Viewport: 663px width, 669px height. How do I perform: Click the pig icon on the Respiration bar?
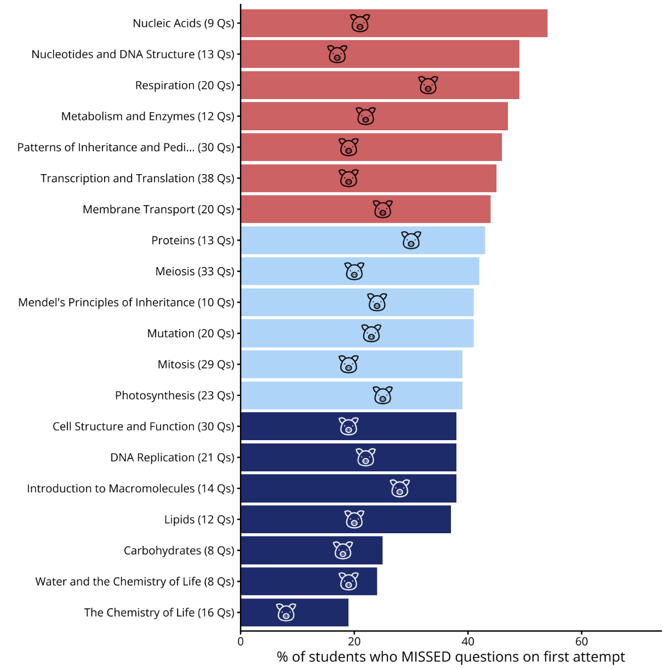pyautogui.click(x=428, y=85)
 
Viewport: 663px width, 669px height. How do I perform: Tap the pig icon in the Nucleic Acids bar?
pyautogui.click(x=359, y=23)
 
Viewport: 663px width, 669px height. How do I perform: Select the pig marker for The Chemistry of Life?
pyautogui.click(x=286, y=612)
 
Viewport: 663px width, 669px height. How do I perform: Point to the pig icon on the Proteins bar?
pyautogui.click(x=411, y=240)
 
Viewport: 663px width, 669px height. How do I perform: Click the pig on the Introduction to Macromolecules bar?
pyautogui.click(x=399, y=488)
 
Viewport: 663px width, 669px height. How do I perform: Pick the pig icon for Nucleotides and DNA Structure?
pyautogui.click(x=337, y=54)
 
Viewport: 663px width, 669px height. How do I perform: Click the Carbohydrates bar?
pyautogui.click(x=312, y=550)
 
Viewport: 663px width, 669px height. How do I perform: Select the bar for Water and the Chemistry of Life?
pyautogui.click(x=309, y=581)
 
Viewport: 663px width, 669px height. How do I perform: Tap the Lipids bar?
pyautogui.click(x=346, y=520)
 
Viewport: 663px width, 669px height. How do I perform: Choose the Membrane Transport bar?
pyautogui.click(x=366, y=209)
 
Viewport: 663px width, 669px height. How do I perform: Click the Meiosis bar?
pyautogui.click(x=360, y=271)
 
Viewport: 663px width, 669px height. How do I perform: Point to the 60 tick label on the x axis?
pyautogui.click(x=581, y=641)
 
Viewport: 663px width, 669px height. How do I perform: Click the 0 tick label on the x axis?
pyautogui.click(x=241, y=641)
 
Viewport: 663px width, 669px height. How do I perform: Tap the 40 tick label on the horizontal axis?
pyautogui.click(x=468, y=641)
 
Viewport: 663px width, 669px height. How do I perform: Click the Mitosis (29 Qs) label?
pyautogui.click(x=196, y=365)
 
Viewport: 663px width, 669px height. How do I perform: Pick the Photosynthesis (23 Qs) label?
pyautogui.click(x=175, y=395)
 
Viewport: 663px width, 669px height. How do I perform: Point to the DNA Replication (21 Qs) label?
pyautogui.click(x=173, y=457)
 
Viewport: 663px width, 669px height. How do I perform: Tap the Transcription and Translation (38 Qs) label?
pyautogui.click(x=138, y=178)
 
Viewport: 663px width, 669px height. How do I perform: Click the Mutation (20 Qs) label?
pyautogui.click(x=191, y=333)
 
